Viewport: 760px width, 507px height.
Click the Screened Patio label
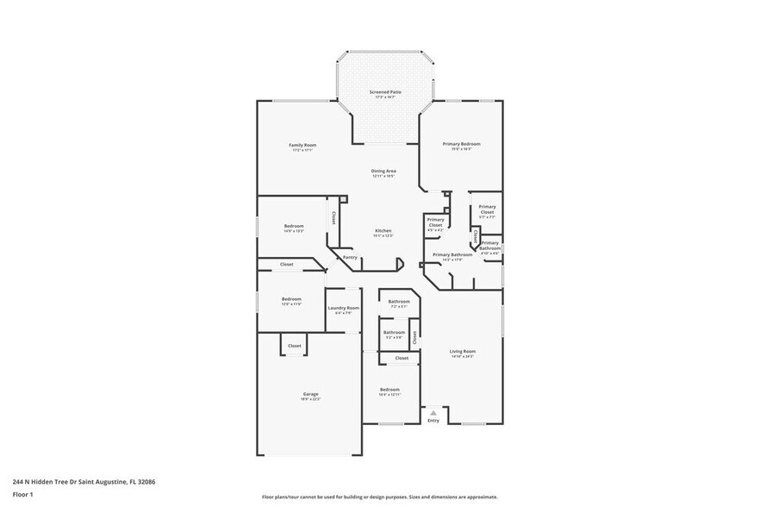(385, 93)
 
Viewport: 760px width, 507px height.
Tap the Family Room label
(302, 147)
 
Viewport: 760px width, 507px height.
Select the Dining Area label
(383, 172)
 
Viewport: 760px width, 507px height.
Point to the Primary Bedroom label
(461, 145)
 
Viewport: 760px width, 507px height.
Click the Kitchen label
(383, 232)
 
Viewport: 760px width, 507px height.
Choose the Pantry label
(350, 257)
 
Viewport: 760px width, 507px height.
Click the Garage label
(310, 396)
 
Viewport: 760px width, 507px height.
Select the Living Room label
(463, 353)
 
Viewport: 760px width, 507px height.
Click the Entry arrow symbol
(433, 413)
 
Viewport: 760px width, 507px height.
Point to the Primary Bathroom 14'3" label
(452, 256)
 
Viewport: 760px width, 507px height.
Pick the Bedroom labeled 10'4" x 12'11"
(389, 391)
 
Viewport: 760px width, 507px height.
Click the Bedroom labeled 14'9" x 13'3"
(294, 228)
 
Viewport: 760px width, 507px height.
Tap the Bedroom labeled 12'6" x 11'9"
(291, 300)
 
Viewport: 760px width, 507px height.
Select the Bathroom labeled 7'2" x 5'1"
(399, 303)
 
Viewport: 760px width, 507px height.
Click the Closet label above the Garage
(295, 346)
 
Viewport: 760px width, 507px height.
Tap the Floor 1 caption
(23, 494)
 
